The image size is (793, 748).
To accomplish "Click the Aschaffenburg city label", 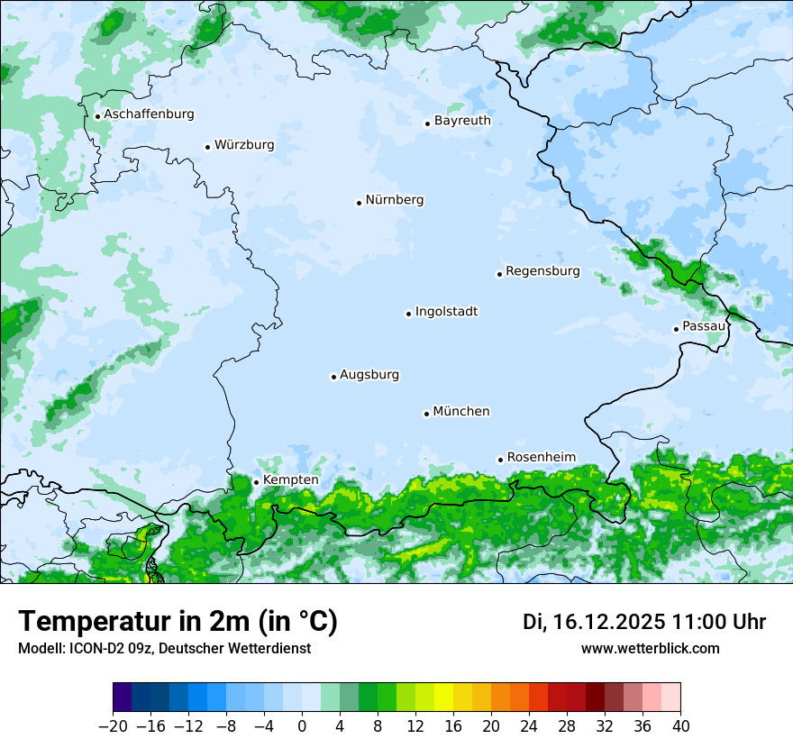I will point(149,114).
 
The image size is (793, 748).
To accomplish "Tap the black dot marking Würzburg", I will point(207,147).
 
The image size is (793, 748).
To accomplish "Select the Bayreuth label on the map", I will point(462,121).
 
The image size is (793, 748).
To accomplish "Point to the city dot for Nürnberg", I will point(359,203).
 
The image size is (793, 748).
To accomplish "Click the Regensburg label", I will point(542,271).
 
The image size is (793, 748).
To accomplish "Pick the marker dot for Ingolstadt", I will point(408,314).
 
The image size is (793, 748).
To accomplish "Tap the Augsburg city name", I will point(369,375).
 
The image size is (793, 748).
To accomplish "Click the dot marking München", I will point(426,414).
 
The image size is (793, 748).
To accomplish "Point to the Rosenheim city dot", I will point(500,460).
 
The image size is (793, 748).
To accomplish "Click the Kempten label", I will point(290,480).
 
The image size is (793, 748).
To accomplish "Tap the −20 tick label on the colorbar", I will point(112,726).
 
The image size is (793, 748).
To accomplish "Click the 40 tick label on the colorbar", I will point(680,726).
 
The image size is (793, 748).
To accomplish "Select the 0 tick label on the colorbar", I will point(302,726).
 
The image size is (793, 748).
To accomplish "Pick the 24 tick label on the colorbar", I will point(529,726).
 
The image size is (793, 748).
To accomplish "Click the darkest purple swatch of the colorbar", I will point(122,698).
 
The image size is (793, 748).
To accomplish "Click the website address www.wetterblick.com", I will point(650,649).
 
